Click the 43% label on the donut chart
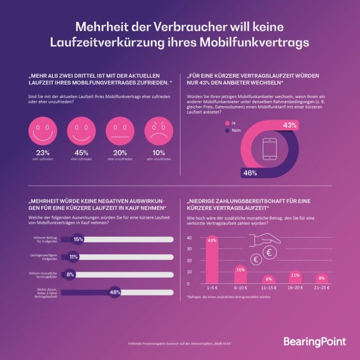(290, 125)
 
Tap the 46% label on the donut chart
(250, 173)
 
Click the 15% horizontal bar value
(78, 239)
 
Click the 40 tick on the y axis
(189, 238)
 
